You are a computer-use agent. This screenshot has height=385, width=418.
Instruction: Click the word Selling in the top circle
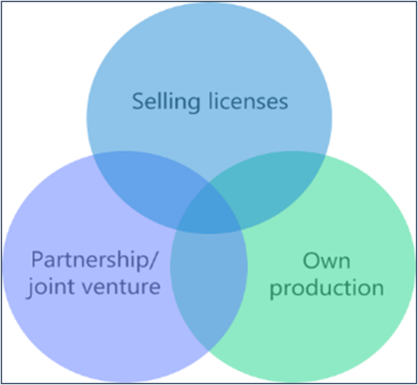[x=166, y=102]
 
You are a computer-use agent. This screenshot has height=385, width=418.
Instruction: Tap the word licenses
[x=248, y=101]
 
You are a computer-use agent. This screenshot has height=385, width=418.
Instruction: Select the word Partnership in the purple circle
[x=91, y=259]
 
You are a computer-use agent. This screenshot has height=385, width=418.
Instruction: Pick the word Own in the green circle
[x=326, y=261]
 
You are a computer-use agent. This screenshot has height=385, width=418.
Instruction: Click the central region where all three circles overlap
[x=209, y=211]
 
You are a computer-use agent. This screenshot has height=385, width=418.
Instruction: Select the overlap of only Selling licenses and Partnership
[x=149, y=181]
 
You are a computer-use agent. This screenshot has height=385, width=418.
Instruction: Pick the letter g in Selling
[x=193, y=104]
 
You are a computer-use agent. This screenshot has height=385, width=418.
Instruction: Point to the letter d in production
[x=307, y=287]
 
